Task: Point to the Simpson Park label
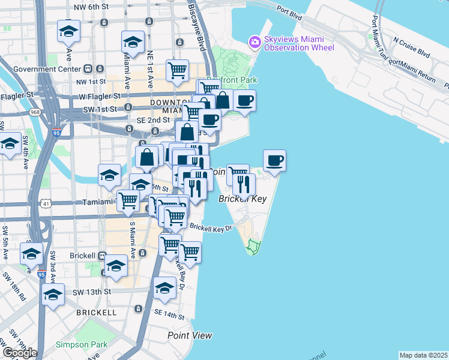click(82, 344)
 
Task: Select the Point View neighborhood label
click(190, 335)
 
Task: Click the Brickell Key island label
click(242, 199)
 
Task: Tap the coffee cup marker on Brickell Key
click(274, 161)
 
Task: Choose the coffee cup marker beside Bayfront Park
click(244, 100)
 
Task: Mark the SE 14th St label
click(167, 314)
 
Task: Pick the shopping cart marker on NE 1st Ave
click(177, 70)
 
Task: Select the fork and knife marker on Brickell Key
click(243, 184)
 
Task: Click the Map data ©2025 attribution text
click(424, 355)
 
